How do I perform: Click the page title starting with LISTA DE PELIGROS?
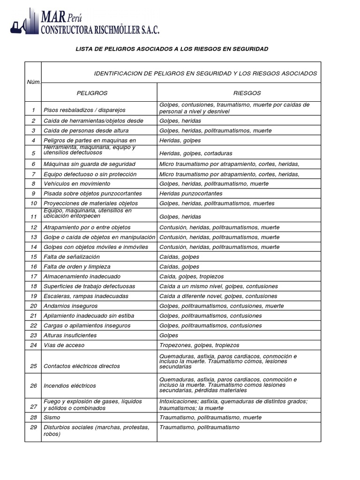pyautogui.click(x=172, y=49)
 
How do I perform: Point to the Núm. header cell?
pyautogui.click(x=33, y=82)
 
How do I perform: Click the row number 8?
pyautogui.click(x=33, y=184)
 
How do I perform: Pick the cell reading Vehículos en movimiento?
pyautogui.click(x=76, y=184)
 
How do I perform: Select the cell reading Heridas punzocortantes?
pyautogui.click(x=191, y=194)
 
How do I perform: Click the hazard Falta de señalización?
pyautogui.click(x=71, y=257)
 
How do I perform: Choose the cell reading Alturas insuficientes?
pyautogui.click(x=70, y=336)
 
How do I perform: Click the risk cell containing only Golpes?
pyautogui.click(x=169, y=336)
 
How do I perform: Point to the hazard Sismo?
pyautogui.click(x=51, y=417)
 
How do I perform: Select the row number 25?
pyautogui.click(x=33, y=366)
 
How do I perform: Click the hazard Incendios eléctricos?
pyautogui.click(x=69, y=386)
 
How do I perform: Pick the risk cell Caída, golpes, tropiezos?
pyautogui.click(x=192, y=277)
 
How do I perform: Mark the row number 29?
pyautogui.click(x=33, y=427)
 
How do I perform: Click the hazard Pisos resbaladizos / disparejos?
pyautogui.click(x=84, y=110)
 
